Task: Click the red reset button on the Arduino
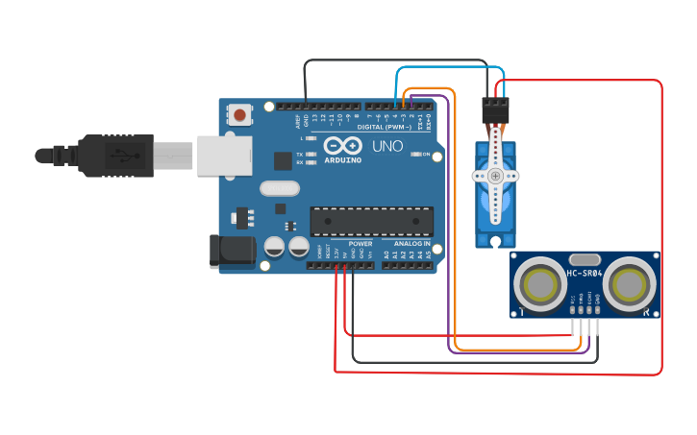[239, 116]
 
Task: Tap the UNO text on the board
[387, 147]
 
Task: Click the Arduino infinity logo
[343, 146]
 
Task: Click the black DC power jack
[233, 251]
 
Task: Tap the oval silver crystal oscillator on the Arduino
[280, 189]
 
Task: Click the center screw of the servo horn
[495, 176]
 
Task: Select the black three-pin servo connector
[495, 110]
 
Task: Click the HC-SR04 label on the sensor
[585, 274]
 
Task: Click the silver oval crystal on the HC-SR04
[585, 259]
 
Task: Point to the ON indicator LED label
[426, 154]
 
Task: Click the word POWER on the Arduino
[360, 244]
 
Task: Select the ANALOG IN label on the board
[411, 244]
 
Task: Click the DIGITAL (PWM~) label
[385, 127]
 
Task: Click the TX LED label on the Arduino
[299, 154]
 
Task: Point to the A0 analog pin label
[386, 254]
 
